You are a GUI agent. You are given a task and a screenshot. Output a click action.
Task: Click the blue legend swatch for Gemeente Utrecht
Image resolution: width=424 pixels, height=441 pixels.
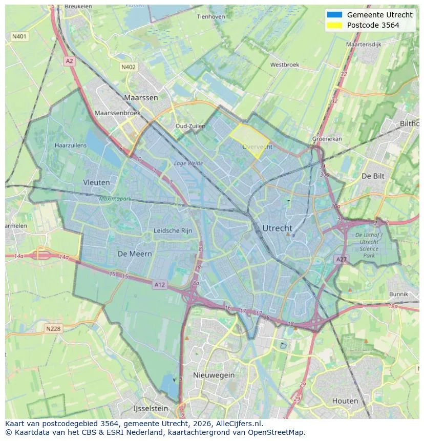coord(334,15)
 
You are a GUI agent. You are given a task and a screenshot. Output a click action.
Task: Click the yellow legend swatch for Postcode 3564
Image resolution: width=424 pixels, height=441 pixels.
coord(334,25)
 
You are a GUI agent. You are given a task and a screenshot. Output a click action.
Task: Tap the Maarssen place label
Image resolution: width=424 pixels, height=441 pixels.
coord(141,97)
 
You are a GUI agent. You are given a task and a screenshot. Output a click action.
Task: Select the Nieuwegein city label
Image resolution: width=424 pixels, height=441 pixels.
coord(214,375)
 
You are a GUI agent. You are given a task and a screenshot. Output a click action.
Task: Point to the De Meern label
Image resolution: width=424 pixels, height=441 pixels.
coord(135,254)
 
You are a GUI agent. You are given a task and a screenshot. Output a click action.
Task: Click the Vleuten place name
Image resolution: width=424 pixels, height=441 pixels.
coord(96,182)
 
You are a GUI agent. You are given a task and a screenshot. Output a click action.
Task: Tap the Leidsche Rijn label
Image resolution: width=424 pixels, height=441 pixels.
coord(173,231)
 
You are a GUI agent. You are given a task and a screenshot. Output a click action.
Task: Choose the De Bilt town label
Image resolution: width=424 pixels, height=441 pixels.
coord(373,176)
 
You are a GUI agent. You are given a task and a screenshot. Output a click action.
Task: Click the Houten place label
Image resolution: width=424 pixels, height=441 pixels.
coord(345,401)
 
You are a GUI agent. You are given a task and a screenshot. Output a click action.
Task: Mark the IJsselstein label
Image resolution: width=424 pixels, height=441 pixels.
coord(151,409)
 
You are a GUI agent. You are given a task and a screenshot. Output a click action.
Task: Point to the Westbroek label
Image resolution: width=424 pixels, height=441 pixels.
coord(284,65)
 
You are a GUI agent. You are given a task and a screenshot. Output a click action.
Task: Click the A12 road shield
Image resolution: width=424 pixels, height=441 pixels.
coord(160,285)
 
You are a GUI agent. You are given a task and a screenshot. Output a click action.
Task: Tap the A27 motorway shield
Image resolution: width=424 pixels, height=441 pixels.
coord(342,260)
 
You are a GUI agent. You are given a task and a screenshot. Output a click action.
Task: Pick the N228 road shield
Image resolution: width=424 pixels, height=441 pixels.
coord(53,329)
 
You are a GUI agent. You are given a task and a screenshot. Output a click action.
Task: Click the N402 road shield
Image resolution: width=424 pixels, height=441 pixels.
coord(129,67)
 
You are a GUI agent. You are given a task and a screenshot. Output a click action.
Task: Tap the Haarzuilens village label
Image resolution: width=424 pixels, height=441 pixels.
coord(71,145)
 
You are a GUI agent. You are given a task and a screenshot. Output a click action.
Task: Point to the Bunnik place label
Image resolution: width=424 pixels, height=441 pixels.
coord(398,294)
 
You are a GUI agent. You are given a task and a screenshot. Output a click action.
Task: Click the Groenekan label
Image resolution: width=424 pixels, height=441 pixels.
coord(327,139)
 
